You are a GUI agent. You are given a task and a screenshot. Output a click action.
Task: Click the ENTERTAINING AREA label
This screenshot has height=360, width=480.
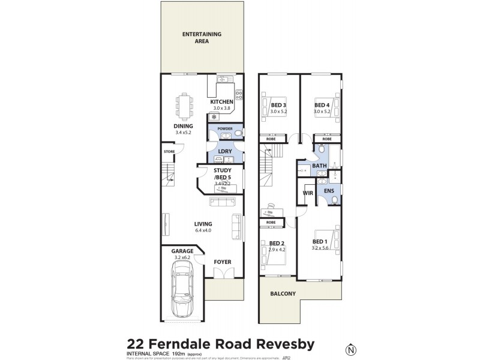[x=202, y=38]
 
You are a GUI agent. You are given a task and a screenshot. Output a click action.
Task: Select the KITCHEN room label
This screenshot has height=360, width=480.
[x=221, y=102]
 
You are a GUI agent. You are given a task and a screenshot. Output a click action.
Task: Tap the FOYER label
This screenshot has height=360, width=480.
[x=222, y=262]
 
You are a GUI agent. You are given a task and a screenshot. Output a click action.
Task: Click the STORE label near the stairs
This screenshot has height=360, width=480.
[x=169, y=152]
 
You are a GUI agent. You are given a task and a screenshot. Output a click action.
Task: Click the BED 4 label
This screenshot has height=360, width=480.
[x=322, y=104]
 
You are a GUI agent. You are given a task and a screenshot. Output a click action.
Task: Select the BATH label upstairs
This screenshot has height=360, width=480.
[x=319, y=166]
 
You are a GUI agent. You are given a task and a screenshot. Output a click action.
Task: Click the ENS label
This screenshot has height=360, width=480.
[x=329, y=191]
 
